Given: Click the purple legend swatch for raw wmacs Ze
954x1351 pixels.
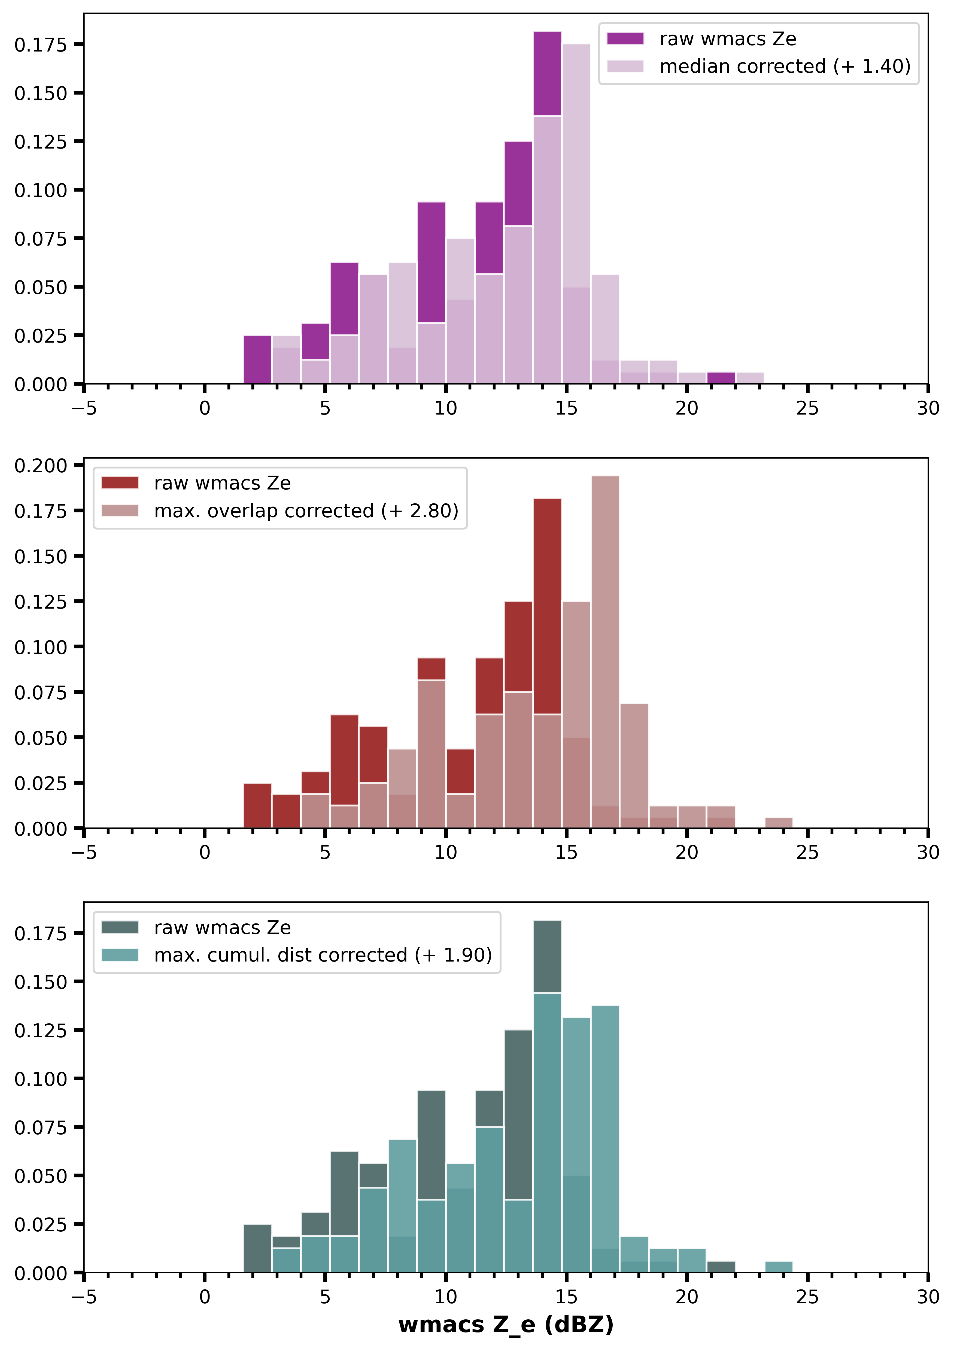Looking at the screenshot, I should (625, 39).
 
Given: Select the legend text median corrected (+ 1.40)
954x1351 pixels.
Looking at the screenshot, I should (785, 67).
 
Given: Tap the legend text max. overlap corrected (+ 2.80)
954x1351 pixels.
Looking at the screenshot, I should (306, 511).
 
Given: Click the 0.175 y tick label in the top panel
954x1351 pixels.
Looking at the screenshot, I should (41, 45).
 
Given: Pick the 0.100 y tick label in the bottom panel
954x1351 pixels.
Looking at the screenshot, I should (41, 1078).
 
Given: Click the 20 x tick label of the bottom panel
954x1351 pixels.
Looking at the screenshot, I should (686, 1297).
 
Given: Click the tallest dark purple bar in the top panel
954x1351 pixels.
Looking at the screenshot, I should (547, 74).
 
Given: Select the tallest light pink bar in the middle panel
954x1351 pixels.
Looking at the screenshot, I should (605, 647).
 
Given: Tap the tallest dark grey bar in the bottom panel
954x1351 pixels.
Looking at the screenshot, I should (547, 956).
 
